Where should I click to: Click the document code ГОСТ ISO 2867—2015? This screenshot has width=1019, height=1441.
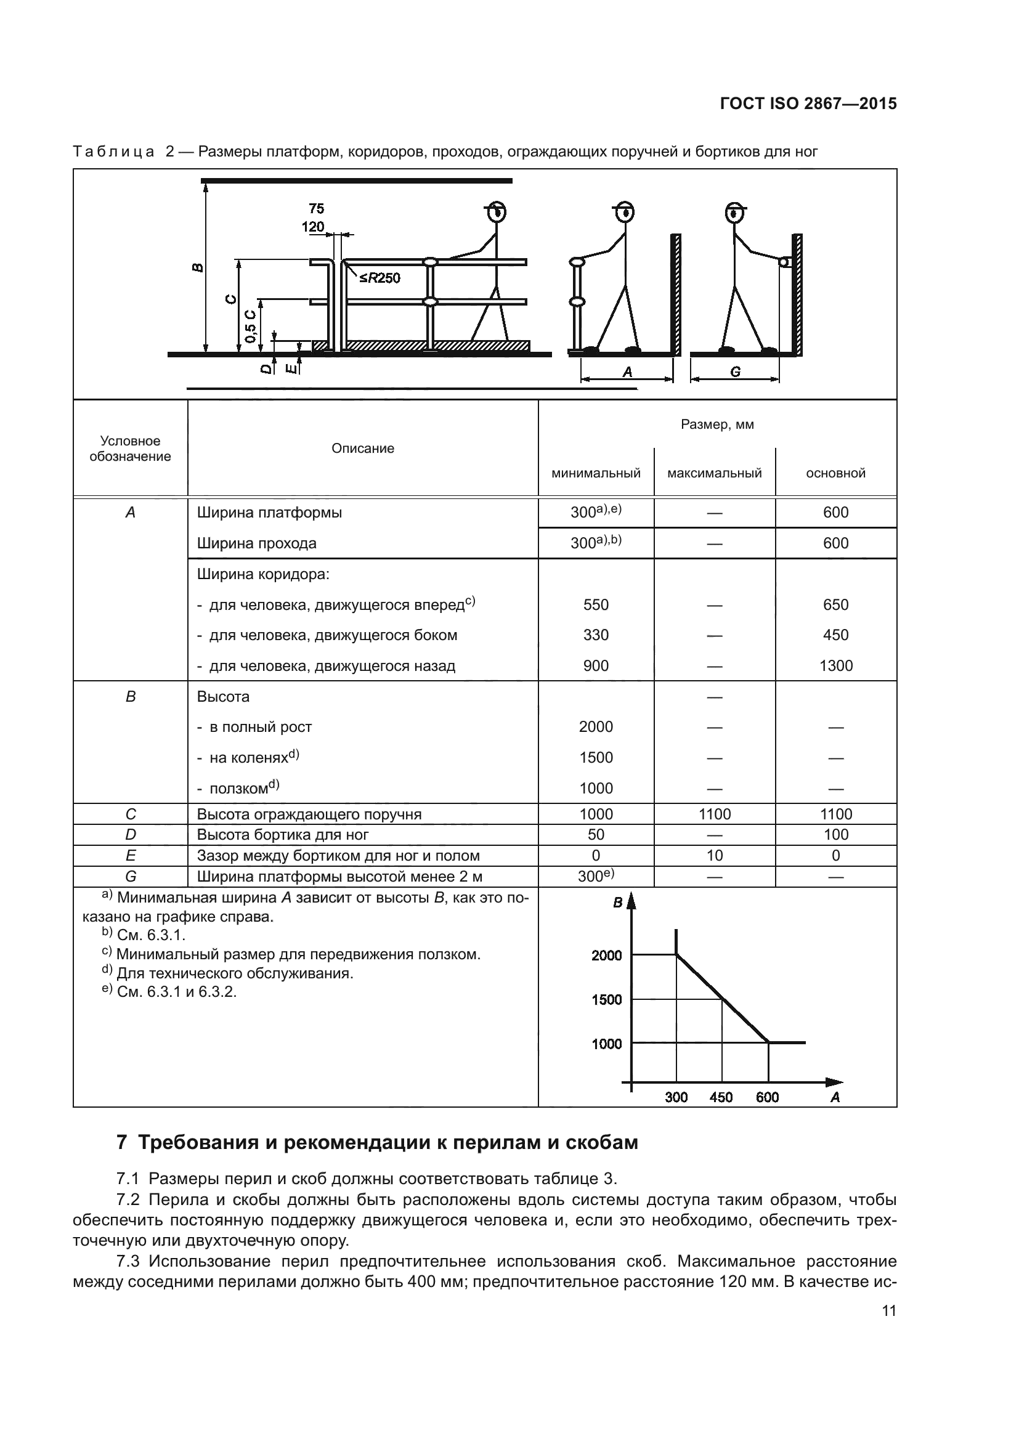808,104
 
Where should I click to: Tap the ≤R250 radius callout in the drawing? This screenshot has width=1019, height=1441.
380,278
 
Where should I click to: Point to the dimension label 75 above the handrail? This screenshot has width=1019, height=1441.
316,208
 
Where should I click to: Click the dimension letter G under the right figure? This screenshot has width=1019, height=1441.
736,372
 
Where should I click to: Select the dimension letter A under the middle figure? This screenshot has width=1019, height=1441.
627,372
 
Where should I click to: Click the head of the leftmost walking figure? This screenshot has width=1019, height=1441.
497,212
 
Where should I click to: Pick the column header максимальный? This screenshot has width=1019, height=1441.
714,473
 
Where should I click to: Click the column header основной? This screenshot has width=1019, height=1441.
835,473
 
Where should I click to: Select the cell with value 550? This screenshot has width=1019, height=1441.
596,604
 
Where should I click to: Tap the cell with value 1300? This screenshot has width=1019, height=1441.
835,665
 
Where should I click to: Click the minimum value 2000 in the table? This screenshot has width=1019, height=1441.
596,727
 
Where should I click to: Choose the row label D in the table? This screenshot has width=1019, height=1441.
131,835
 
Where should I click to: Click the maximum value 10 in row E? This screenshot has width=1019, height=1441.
714,856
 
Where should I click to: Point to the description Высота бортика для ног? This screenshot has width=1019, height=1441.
282,835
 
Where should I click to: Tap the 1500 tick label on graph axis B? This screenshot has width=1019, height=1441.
606,999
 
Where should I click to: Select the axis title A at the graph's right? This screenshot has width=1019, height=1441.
835,1097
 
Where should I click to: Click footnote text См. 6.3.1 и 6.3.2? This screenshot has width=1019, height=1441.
176,992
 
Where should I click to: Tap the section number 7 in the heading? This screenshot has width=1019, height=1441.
122,1142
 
